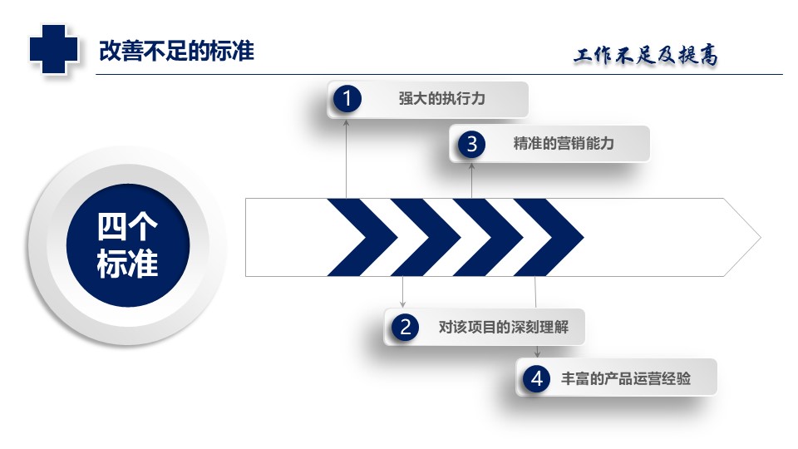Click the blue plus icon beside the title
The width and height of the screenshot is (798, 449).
click(53, 49)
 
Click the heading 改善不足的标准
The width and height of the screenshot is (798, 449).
click(176, 51)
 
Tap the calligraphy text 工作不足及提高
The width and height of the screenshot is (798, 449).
click(646, 55)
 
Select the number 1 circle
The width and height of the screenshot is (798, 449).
click(347, 98)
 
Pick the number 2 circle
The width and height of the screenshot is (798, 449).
click(405, 327)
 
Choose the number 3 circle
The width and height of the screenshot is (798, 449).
click(472, 144)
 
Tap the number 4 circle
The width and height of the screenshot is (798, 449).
click(537, 379)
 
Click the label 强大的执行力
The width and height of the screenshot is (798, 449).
click(441, 98)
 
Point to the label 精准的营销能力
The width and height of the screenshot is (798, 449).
click(564, 144)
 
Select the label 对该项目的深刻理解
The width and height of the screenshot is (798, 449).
click(504, 327)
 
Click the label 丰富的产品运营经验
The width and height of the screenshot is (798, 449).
click(626, 379)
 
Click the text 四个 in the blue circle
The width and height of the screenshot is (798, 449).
click(127, 226)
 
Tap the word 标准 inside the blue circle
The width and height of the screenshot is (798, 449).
click(127, 264)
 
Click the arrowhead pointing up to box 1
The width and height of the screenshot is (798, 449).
click(346, 122)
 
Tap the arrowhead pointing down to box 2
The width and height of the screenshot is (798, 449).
click(402, 304)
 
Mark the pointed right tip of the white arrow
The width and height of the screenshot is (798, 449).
click(761, 237)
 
